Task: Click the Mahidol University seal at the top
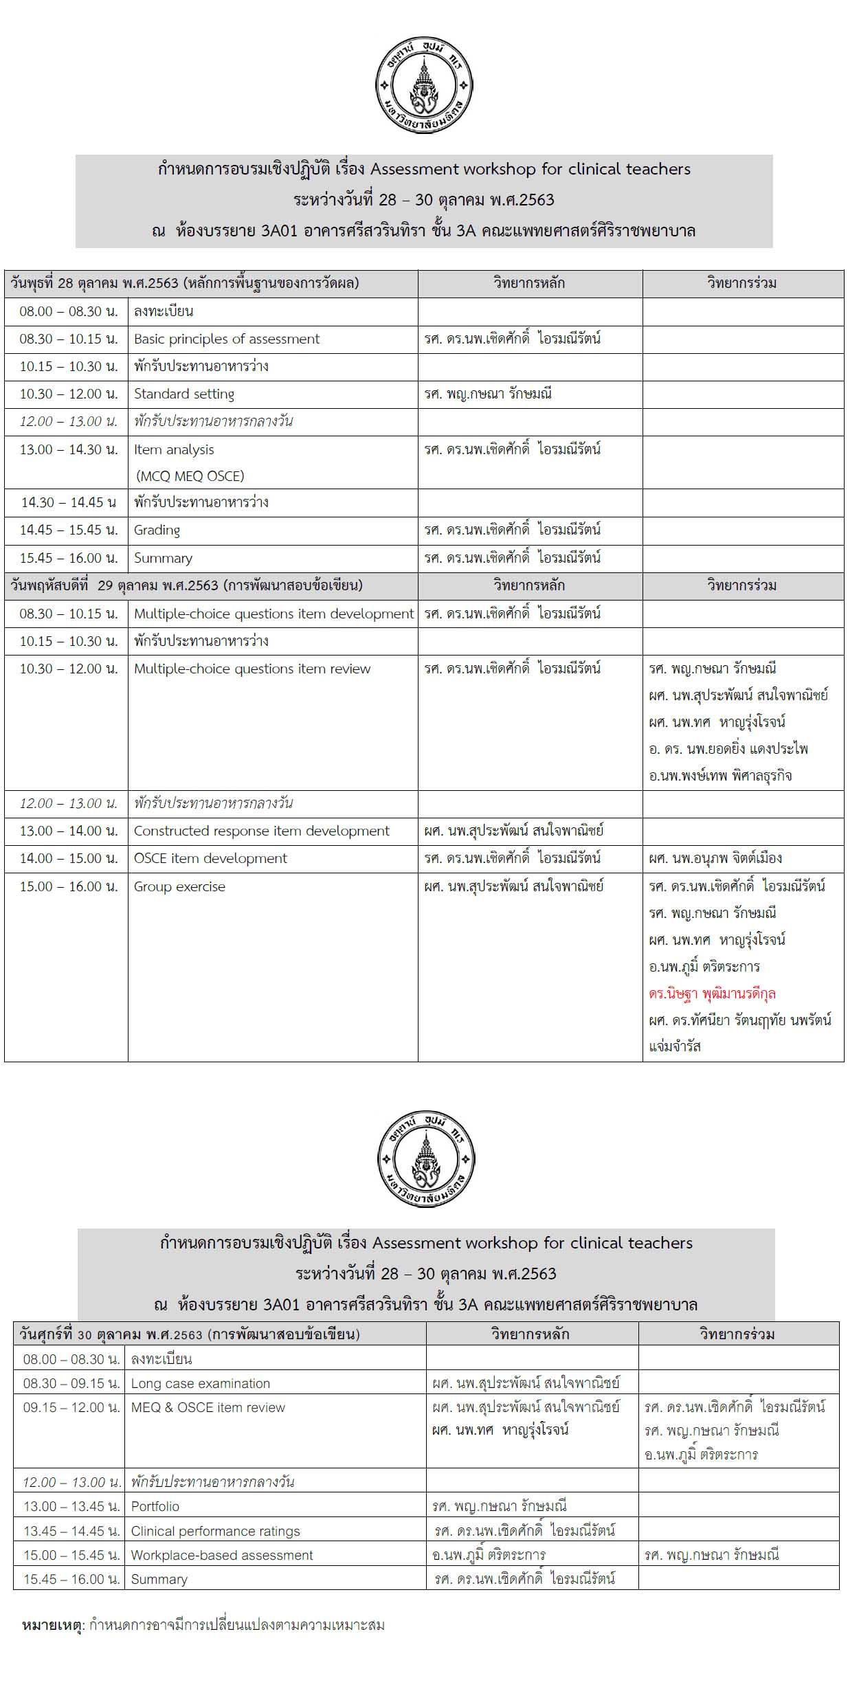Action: tap(424, 85)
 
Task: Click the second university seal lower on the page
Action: tap(426, 1158)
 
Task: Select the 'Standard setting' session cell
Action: tap(183, 394)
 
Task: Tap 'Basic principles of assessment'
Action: tap(226, 339)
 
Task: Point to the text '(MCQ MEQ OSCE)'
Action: tap(190, 476)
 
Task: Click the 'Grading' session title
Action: tap(157, 530)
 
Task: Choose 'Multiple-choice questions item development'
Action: tap(274, 614)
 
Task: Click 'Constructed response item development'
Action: tap(261, 831)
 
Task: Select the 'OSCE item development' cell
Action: tap(210, 859)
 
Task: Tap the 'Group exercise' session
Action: tap(179, 887)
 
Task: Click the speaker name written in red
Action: tap(712, 994)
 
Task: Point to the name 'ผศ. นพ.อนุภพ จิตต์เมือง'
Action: tap(715, 859)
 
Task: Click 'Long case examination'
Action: tap(200, 1384)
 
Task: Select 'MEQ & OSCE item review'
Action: tap(208, 1408)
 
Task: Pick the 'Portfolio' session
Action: tap(155, 1507)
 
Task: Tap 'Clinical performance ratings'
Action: tap(215, 1532)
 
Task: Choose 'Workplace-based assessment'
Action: tap(221, 1556)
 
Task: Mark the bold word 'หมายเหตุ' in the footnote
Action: tap(52, 1626)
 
